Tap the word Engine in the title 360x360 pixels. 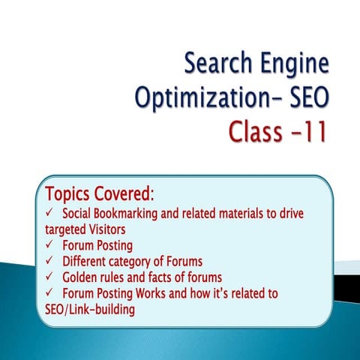click(x=294, y=66)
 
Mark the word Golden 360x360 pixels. click(x=84, y=277)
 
